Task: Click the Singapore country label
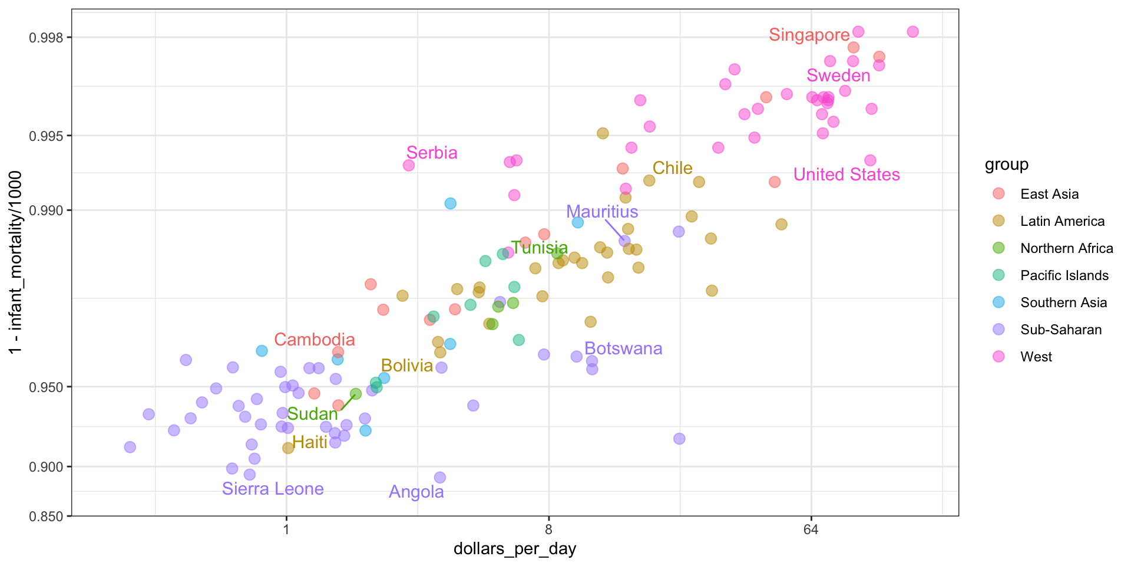click(809, 35)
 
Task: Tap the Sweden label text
click(838, 75)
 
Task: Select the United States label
click(846, 175)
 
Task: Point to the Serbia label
click(432, 153)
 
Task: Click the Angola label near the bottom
click(416, 492)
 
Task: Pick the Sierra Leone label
click(273, 489)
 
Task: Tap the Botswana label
click(623, 348)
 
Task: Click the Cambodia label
click(315, 340)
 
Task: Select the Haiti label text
click(309, 442)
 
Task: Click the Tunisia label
click(539, 248)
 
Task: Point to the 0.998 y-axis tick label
click(46, 38)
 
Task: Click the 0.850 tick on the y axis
click(46, 516)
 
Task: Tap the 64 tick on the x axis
click(811, 529)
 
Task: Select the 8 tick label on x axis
click(548, 529)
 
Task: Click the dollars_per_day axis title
click(515, 549)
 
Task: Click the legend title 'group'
click(1006, 164)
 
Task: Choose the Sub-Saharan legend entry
click(1060, 330)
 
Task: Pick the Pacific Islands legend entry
click(1064, 275)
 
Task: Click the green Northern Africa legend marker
click(998, 248)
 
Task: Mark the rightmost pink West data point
click(912, 32)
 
